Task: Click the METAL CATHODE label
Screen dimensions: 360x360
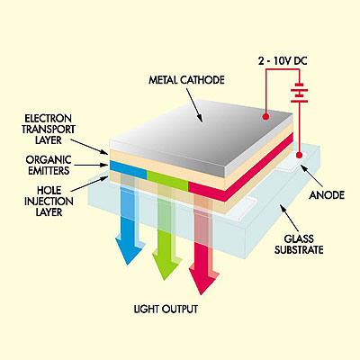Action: (186, 80)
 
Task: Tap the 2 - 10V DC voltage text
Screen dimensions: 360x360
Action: (283, 61)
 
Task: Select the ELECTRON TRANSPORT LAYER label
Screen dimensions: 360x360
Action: (49, 129)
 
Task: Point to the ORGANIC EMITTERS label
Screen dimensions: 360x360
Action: (49, 165)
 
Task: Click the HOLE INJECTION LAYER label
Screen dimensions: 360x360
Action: (49, 201)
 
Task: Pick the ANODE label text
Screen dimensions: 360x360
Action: (327, 195)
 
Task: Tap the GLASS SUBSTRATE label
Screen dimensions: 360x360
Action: (299, 244)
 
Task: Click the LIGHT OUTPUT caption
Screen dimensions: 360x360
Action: (166, 309)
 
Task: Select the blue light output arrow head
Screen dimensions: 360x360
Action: (129, 250)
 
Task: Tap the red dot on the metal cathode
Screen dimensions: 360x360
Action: (265, 116)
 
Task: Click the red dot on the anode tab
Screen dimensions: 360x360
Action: (299, 155)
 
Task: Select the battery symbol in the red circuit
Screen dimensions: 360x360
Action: (299, 93)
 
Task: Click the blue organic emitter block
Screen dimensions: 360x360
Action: (129, 170)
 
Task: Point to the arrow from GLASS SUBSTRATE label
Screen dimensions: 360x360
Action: (289, 219)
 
